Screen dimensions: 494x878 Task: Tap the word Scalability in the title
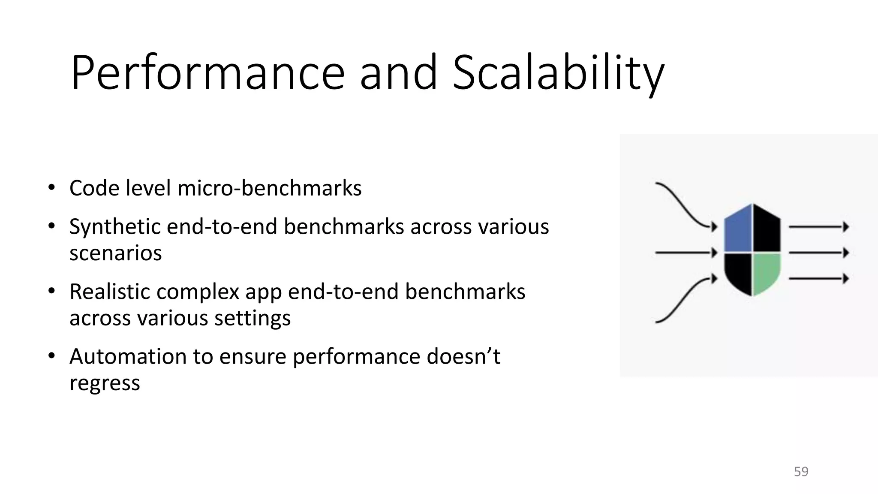click(x=558, y=73)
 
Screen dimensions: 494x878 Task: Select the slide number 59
click(x=801, y=471)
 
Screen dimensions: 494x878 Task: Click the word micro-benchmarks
click(x=269, y=188)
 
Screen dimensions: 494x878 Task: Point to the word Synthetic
click(x=114, y=227)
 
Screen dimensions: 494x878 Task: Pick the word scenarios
click(x=115, y=253)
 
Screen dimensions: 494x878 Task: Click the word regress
click(x=105, y=383)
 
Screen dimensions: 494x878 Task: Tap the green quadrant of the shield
click(x=766, y=273)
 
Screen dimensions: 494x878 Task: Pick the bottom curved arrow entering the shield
click(x=682, y=300)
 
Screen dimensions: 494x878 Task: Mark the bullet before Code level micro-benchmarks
click(x=52, y=188)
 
